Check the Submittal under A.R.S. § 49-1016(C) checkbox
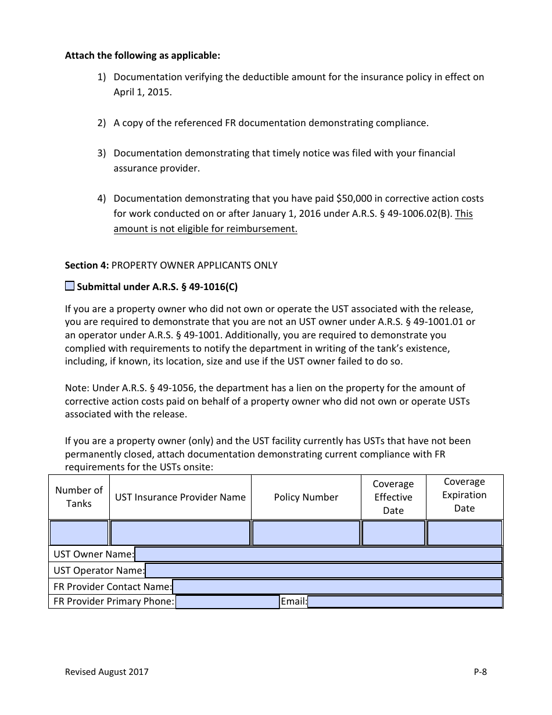[70, 285]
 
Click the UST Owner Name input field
[318, 554]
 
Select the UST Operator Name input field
[323, 570]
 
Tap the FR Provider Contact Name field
[337, 587]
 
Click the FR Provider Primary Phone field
[227, 602]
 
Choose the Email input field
[404, 602]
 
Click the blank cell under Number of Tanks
[79, 533]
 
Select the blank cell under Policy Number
[306, 533]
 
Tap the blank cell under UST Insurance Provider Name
[180, 533]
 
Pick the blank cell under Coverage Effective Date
[393, 533]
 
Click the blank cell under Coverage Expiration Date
[464, 533]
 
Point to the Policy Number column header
[306, 497]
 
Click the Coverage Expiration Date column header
[464, 495]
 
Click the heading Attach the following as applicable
[142, 56]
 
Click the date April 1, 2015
[142, 92]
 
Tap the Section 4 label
[87, 265]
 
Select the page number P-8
[480, 672]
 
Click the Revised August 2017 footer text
[106, 672]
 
